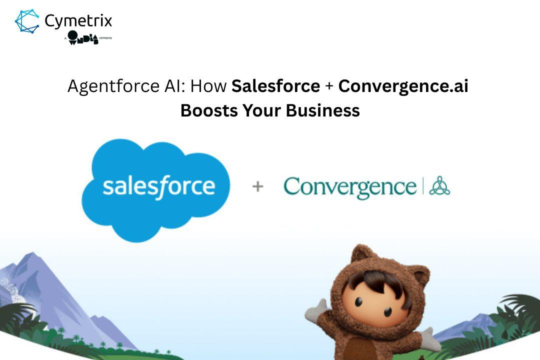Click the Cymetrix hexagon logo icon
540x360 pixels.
(x=26, y=21)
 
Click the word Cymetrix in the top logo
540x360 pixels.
(x=78, y=20)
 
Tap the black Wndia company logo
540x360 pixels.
(x=83, y=37)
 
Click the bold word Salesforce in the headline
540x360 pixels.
(x=275, y=86)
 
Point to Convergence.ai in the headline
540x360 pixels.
(x=403, y=86)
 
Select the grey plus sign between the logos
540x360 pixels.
(x=257, y=187)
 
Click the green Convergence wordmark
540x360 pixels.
(x=349, y=187)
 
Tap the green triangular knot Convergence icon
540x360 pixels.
(x=439, y=186)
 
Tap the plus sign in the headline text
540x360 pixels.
(x=329, y=87)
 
